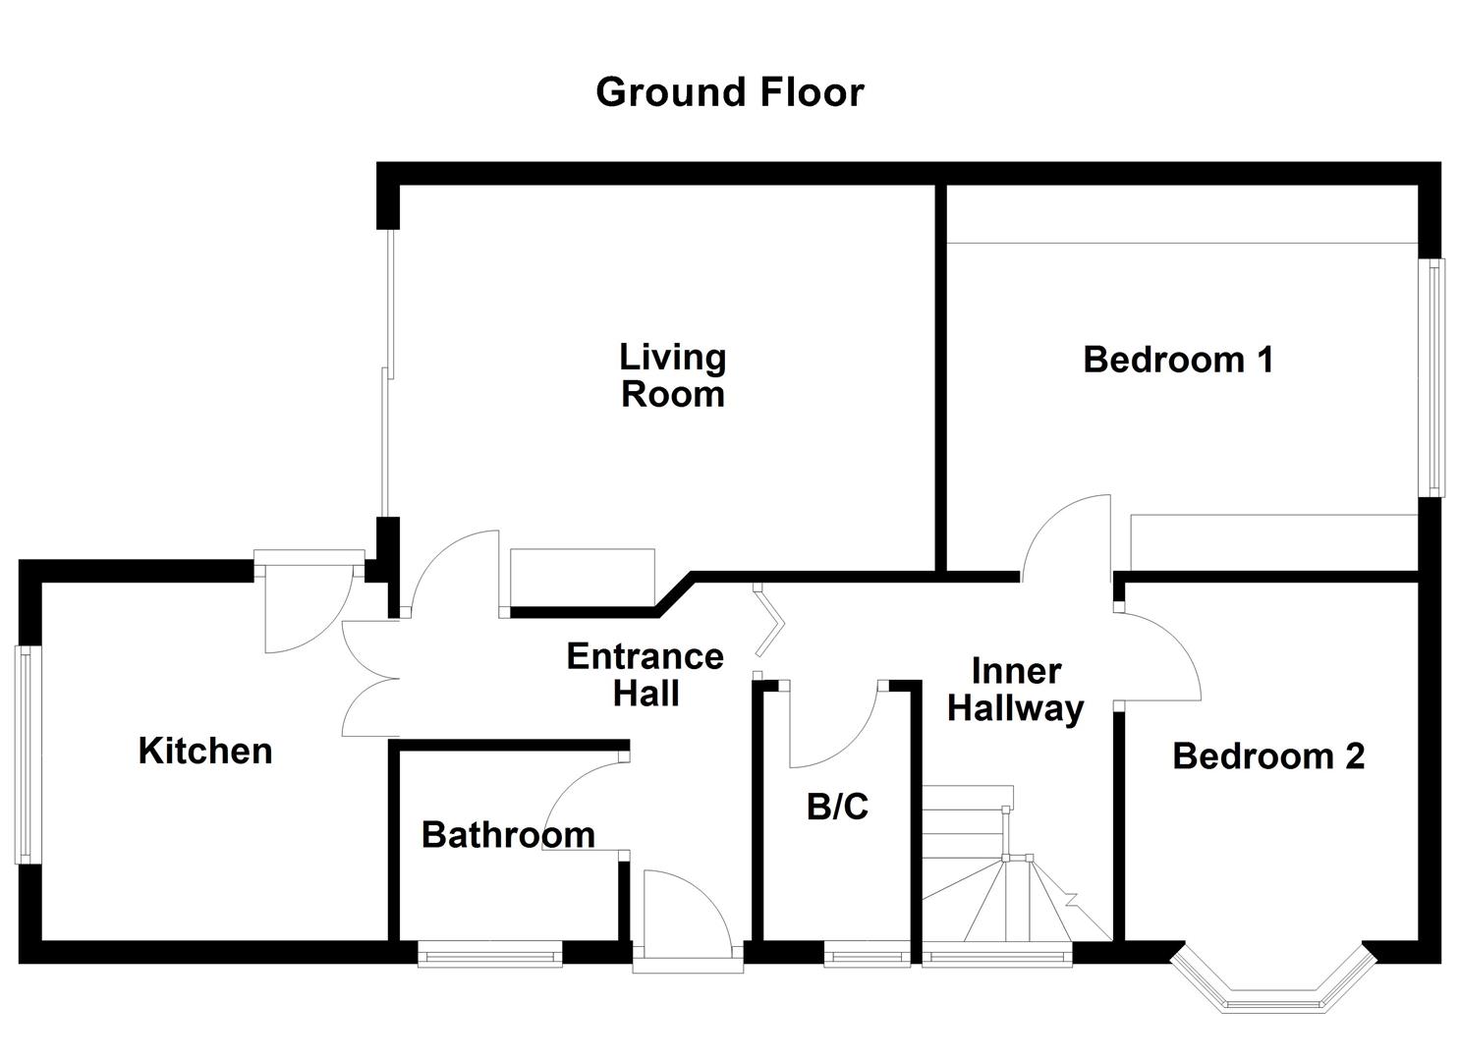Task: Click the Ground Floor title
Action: click(729, 92)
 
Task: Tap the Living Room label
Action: click(673, 375)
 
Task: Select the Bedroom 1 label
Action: click(1178, 360)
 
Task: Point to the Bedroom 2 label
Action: click(1268, 756)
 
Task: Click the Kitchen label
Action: click(205, 751)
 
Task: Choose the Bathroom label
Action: click(508, 835)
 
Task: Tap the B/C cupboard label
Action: click(837, 807)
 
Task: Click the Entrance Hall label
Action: click(645, 674)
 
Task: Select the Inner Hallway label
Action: click(1016, 690)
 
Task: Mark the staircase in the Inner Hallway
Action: click(1012, 874)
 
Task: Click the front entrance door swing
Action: click(683, 914)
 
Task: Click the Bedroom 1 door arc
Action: click(1066, 535)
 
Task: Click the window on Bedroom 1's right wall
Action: click(1435, 377)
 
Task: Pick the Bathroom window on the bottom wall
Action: click(489, 954)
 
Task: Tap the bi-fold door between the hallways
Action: click(769, 622)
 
